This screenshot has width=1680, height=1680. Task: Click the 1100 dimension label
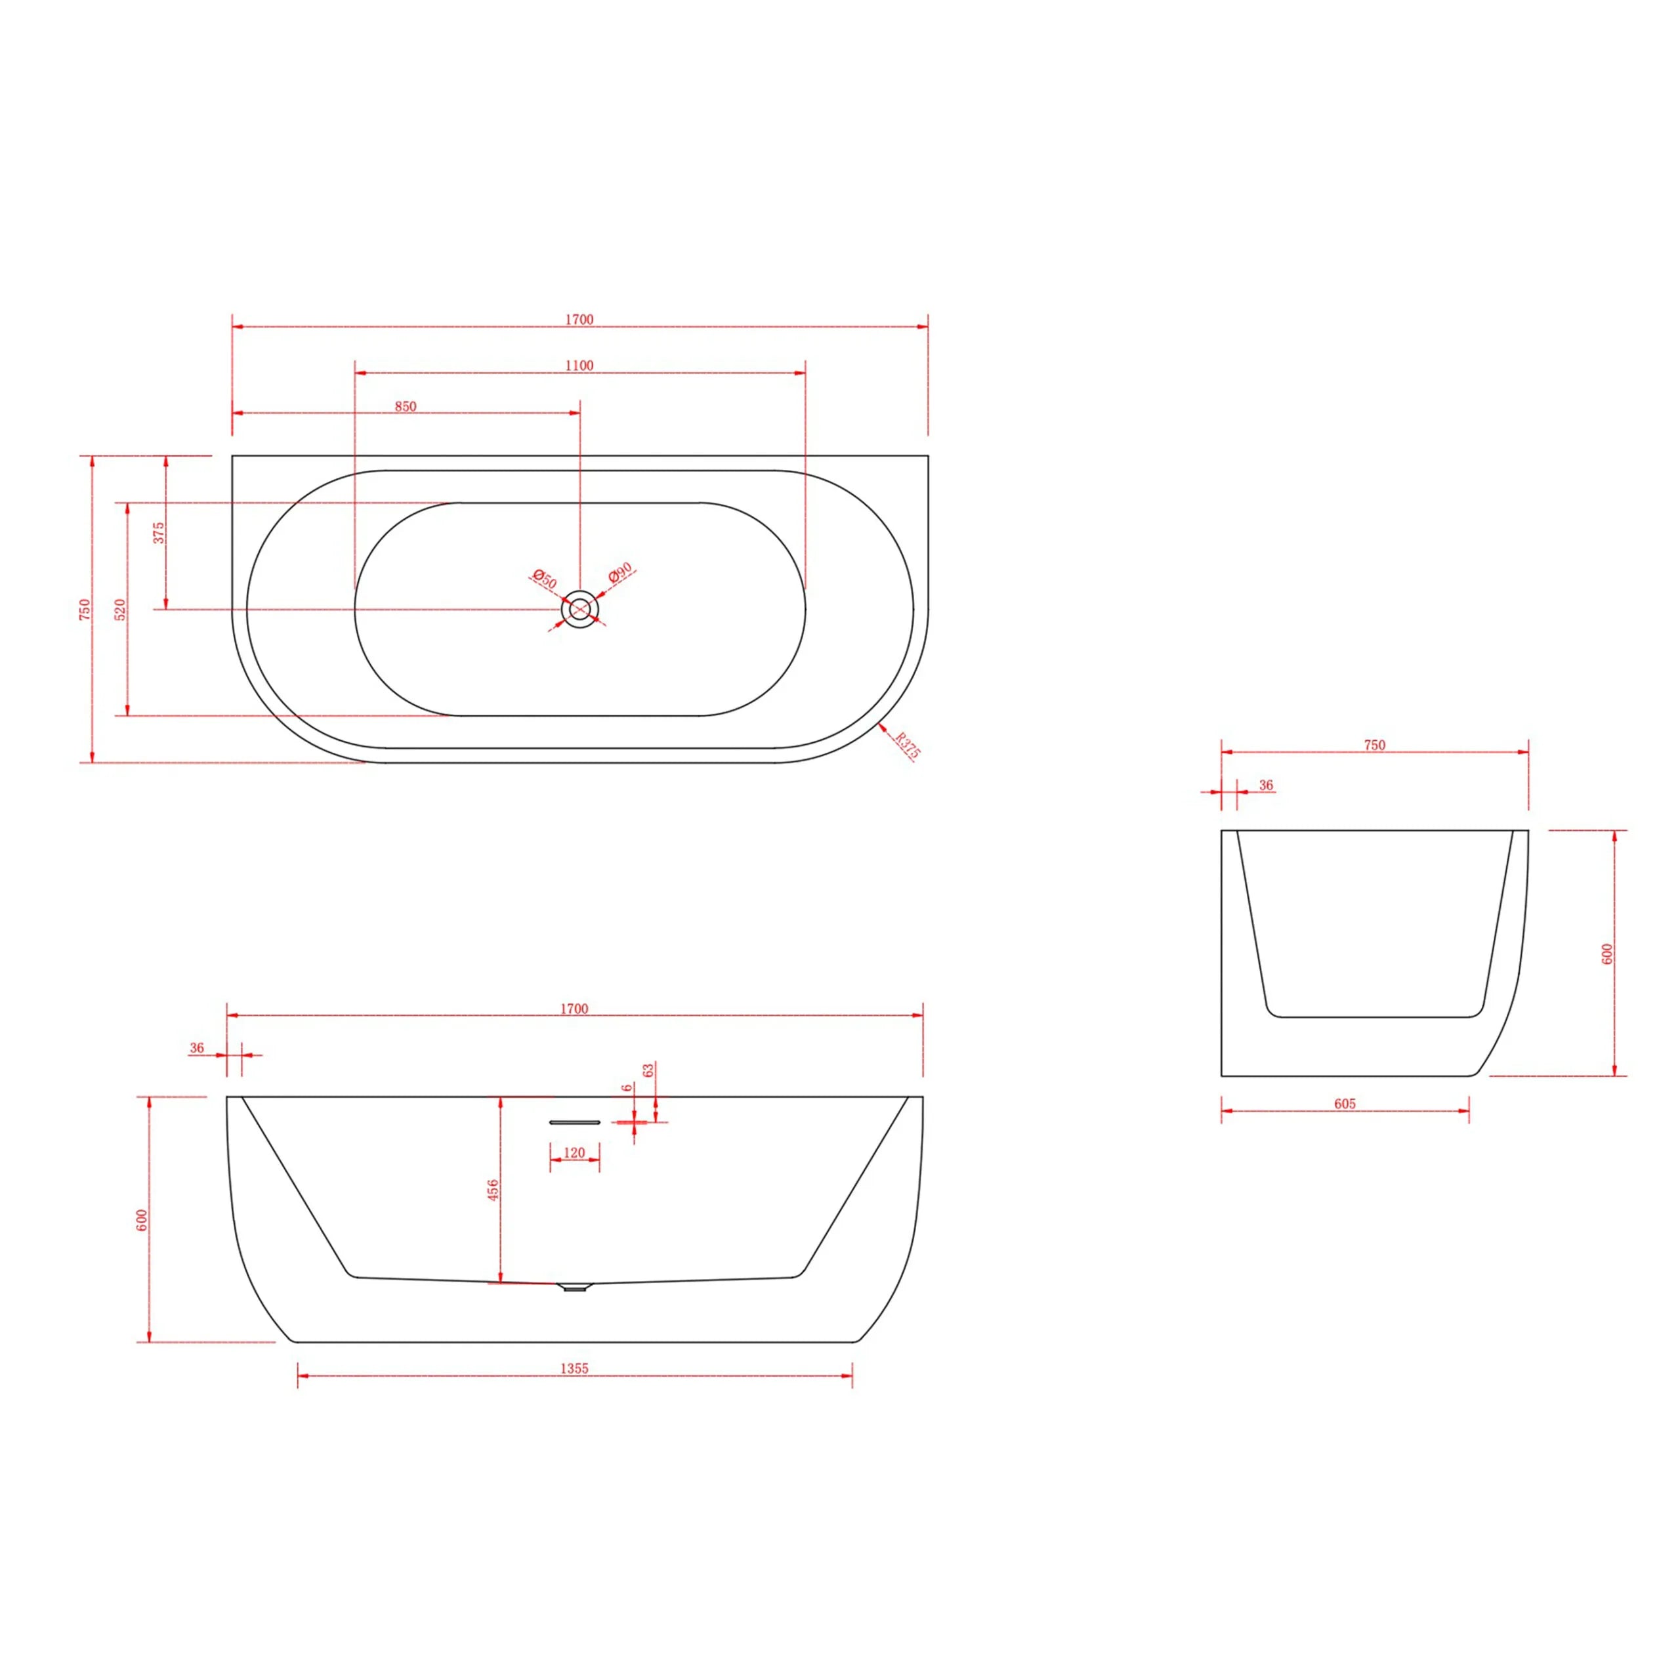(579, 366)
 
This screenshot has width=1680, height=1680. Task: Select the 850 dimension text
(405, 406)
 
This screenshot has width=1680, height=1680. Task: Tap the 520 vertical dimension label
(121, 610)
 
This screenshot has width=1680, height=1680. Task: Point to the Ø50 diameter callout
(544, 579)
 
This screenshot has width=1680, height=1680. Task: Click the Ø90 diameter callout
(620, 572)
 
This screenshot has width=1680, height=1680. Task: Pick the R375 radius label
(908, 746)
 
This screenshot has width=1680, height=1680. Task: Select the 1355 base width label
(574, 1368)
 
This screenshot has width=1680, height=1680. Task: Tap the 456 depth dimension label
(493, 1190)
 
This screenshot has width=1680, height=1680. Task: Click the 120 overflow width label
(574, 1153)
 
